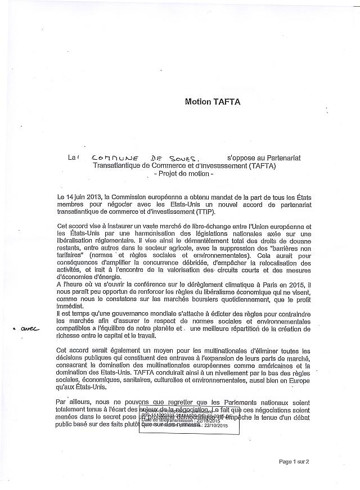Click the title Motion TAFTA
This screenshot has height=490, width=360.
(x=212, y=102)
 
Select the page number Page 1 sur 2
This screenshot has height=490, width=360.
(x=298, y=461)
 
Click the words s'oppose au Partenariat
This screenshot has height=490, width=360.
(x=264, y=159)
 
